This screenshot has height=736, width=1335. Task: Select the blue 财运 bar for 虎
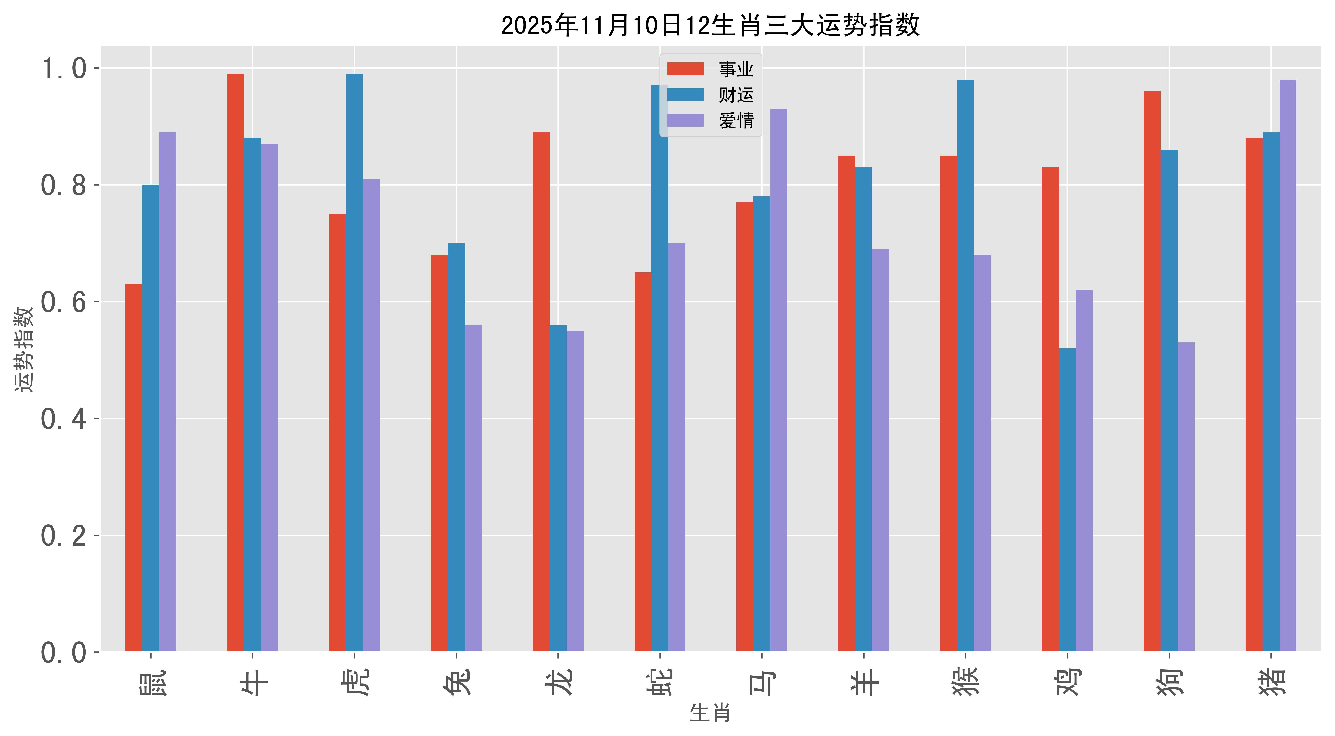(354, 363)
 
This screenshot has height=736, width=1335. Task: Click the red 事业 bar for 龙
(541, 391)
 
